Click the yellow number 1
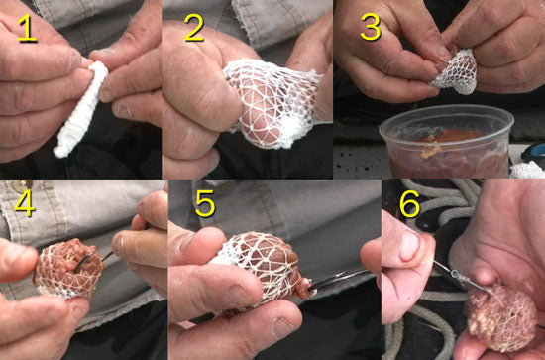[27, 29]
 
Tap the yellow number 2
[193, 28]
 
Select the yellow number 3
[370, 28]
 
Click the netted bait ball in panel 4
[67, 270]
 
